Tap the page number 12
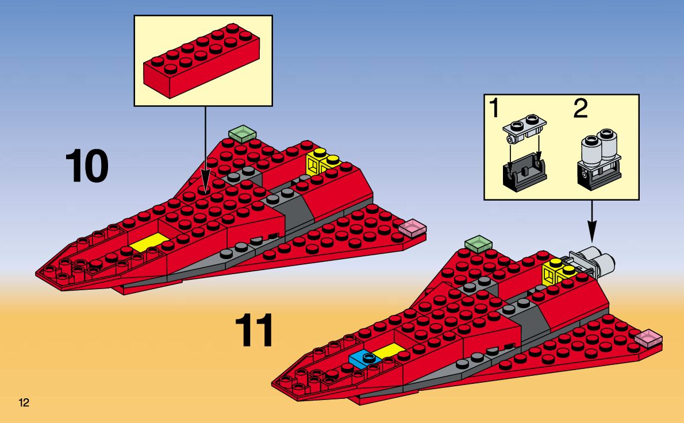24,402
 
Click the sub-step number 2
581,109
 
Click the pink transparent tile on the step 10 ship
412,228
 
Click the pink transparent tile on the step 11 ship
648,338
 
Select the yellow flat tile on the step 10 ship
149,242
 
